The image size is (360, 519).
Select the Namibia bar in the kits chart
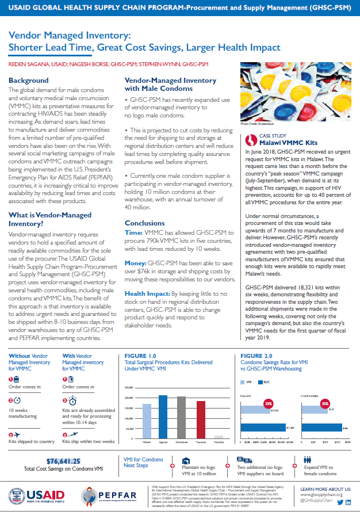[x=218, y=437]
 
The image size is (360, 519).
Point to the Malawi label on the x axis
[x=147, y=442]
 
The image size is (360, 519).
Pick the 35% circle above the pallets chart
[x=267, y=404]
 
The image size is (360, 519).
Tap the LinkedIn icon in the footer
[x=348, y=503]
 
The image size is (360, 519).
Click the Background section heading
[x=29, y=81]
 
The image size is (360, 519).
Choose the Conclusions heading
[x=145, y=223]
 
